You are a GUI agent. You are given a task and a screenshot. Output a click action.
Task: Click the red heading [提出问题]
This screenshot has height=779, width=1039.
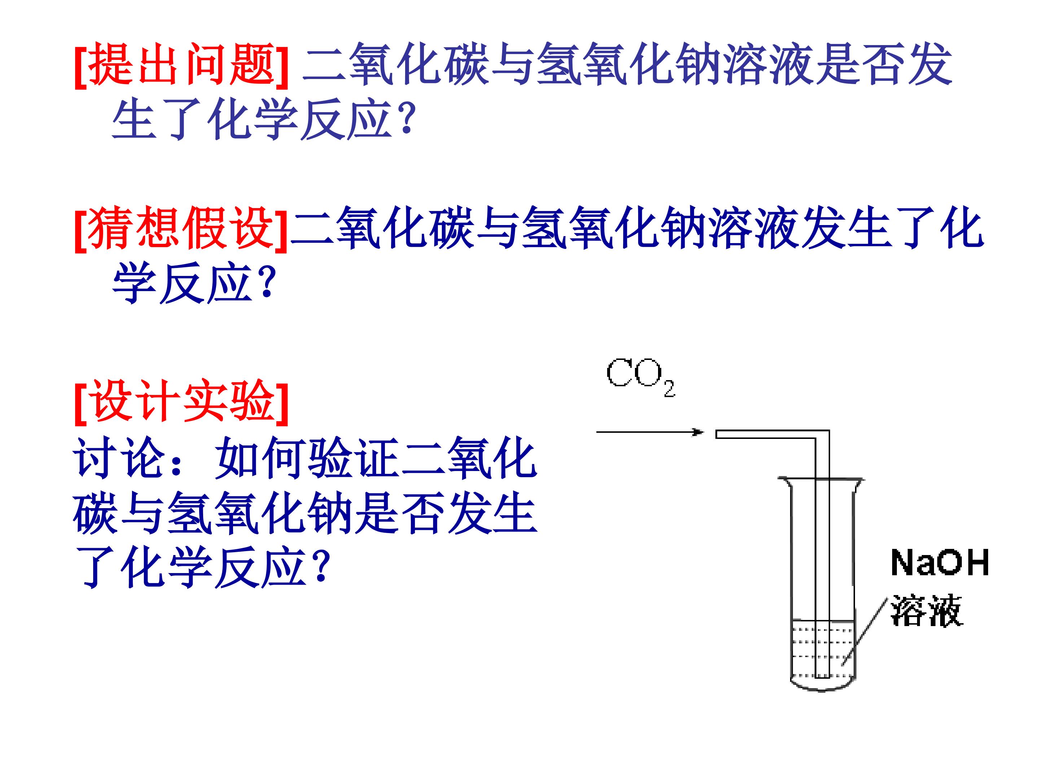[x=181, y=65]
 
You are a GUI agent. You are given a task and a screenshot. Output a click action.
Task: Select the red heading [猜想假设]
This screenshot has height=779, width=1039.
[x=181, y=229]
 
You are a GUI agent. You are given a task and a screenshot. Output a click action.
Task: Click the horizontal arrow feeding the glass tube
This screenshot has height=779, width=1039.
[x=650, y=432]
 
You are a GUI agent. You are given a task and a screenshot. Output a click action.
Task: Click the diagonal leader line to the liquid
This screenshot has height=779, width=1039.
[x=865, y=632]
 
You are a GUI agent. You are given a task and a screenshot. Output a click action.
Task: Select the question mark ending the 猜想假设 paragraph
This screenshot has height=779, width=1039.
[x=266, y=283]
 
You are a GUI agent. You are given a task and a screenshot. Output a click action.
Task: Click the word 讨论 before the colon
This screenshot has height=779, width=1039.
[x=120, y=457]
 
